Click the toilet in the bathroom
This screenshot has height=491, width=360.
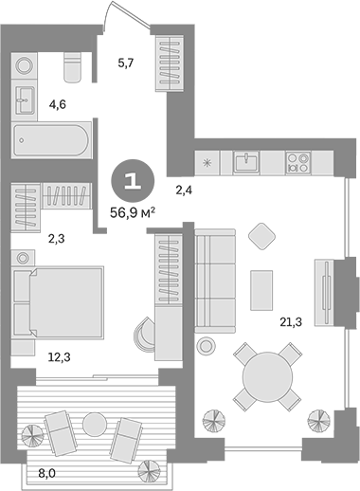(x=72, y=67)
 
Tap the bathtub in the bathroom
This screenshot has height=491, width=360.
(x=52, y=140)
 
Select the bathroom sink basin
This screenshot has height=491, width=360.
(x=25, y=100)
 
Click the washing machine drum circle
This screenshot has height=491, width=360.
(x=25, y=66)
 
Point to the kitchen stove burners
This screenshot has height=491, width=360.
(x=298, y=162)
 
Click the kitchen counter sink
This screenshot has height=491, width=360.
(x=246, y=162)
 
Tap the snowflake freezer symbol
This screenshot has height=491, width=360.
(x=207, y=163)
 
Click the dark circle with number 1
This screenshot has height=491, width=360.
(x=133, y=181)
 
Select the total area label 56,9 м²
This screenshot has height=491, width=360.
(x=133, y=212)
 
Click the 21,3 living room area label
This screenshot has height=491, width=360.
(x=291, y=321)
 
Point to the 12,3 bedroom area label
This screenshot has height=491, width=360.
(x=59, y=357)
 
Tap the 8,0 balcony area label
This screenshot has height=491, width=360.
(x=46, y=473)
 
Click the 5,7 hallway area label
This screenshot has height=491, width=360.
(x=126, y=64)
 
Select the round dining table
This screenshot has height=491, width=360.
(x=267, y=376)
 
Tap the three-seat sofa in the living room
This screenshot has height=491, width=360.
(x=215, y=281)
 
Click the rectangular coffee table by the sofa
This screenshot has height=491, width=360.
(x=261, y=290)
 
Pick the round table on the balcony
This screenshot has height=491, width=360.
(x=95, y=425)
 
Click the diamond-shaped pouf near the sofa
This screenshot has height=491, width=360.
(x=261, y=236)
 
